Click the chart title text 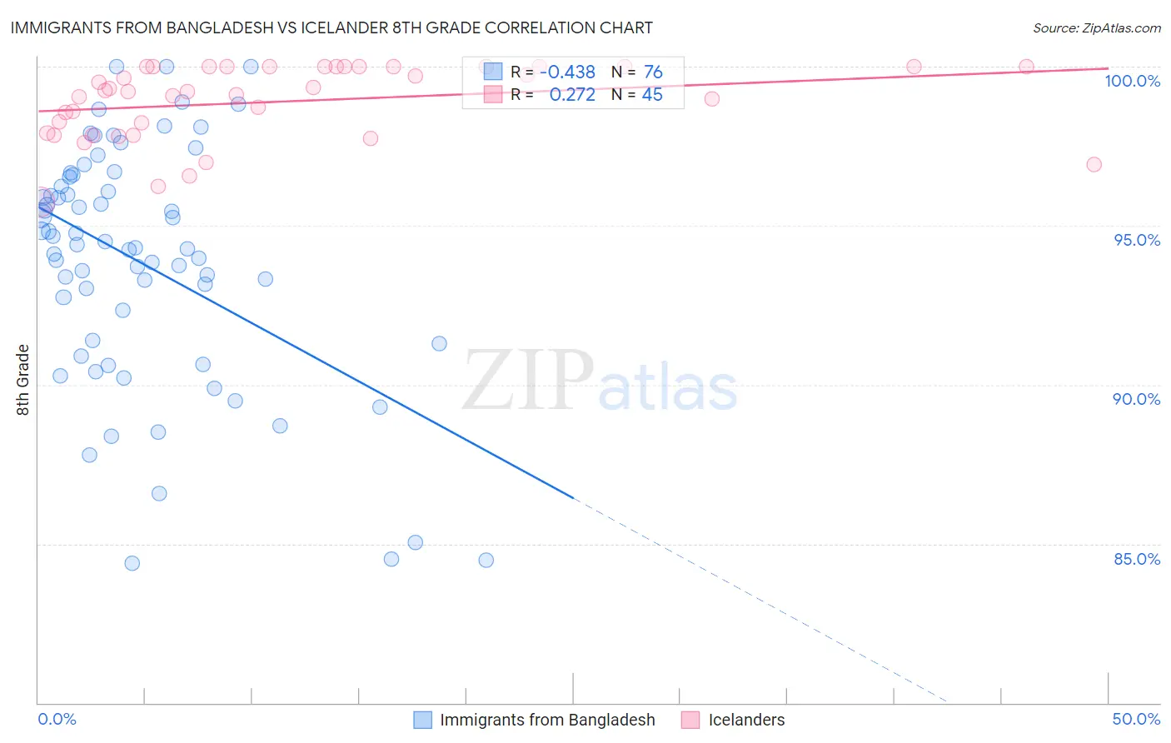[331, 27]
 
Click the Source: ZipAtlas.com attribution [1096, 27]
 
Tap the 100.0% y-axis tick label [1132, 81]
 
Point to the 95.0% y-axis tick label [1137, 240]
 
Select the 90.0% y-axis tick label [1137, 399]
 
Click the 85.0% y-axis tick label [1137, 559]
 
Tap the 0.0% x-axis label [57, 719]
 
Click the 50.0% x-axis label [1136, 719]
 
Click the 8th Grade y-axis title [23, 380]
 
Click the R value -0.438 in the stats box [567, 72]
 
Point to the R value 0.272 [572, 95]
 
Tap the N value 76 [653, 72]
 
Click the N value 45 [652, 95]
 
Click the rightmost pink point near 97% [1094, 165]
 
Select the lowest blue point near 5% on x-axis [132, 563]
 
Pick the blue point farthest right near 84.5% [486, 561]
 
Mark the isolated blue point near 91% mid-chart [439, 344]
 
